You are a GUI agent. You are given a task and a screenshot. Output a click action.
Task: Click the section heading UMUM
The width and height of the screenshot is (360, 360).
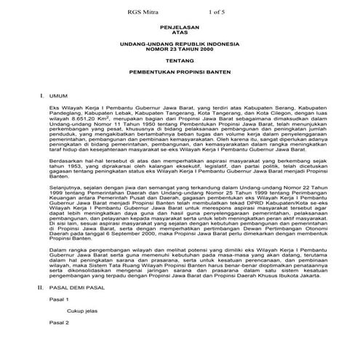[58, 96]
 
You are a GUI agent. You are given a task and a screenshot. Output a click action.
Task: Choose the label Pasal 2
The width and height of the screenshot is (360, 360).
[57, 321]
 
